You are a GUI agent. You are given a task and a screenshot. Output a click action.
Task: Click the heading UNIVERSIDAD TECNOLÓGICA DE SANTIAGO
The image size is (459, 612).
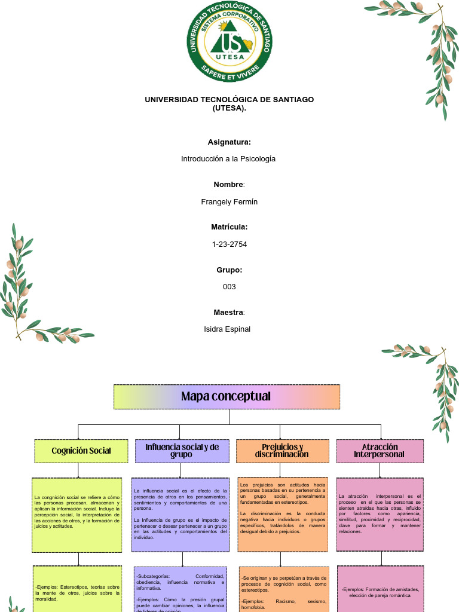(x=229, y=99)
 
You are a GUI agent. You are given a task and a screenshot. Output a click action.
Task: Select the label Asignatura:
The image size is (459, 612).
(x=229, y=142)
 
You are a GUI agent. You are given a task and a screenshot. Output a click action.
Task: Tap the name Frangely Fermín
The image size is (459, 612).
(x=229, y=202)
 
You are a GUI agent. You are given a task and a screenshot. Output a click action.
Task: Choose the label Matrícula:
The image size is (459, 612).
(x=229, y=227)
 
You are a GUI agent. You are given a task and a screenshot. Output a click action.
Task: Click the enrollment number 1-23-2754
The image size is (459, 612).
(x=229, y=244)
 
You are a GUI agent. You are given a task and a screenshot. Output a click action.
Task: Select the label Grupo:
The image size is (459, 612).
(x=229, y=270)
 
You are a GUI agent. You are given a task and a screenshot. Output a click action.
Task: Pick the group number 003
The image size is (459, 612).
(x=229, y=287)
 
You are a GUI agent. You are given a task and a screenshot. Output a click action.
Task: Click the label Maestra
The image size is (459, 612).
(x=228, y=313)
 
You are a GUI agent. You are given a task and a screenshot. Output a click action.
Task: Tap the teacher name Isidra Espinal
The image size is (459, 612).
(x=227, y=329)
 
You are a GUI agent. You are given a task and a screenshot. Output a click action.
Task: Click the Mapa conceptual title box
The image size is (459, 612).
(x=227, y=397)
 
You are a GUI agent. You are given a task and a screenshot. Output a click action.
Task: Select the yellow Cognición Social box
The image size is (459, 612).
(x=81, y=451)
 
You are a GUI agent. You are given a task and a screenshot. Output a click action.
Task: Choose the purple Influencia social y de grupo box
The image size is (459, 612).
(x=182, y=451)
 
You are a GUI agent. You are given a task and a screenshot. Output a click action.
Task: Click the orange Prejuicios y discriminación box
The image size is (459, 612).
(x=282, y=451)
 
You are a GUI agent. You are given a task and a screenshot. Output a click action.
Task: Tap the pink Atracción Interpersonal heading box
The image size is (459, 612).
(x=380, y=451)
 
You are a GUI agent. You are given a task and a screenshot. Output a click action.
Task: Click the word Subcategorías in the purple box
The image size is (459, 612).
(x=154, y=576)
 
